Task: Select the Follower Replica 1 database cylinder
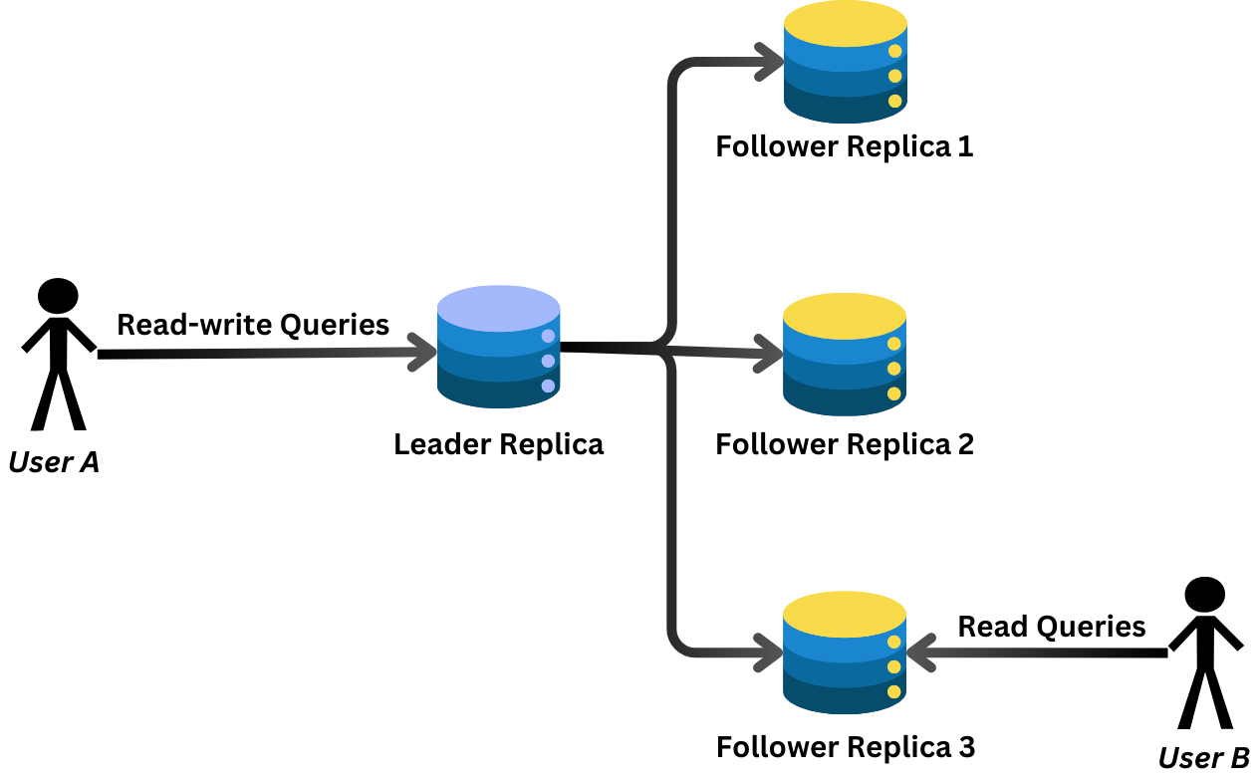click(845, 62)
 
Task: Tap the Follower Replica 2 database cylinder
click(845, 355)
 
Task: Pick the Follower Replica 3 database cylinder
click(845, 652)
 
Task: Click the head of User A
click(58, 296)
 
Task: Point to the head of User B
click(1204, 595)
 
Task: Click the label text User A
click(54, 462)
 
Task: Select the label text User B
click(1203, 758)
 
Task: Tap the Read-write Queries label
click(253, 325)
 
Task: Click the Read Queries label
click(1052, 627)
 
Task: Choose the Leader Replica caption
click(498, 444)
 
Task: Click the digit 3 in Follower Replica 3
click(965, 747)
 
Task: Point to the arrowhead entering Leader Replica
click(422, 353)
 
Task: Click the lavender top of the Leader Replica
click(498, 307)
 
